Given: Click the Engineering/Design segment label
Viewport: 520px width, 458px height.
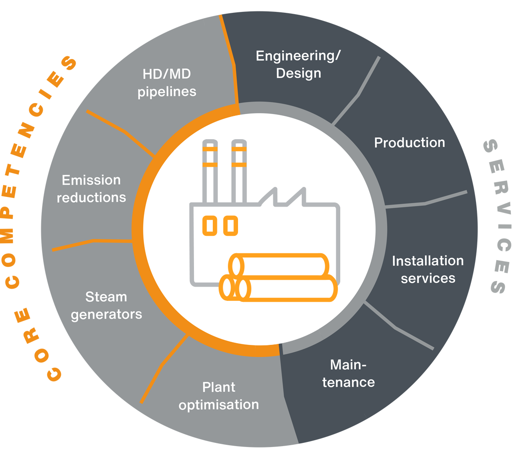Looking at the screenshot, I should (x=299, y=65).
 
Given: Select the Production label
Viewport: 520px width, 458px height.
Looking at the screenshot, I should (x=409, y=142).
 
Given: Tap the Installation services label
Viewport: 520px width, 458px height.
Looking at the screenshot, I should (x=427, y=269).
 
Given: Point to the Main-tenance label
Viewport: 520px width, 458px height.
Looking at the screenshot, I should (x=349, y=374).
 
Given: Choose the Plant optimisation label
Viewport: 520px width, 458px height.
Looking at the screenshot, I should (x=219, y=396).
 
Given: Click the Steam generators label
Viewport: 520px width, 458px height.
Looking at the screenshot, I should (x=106, y=305).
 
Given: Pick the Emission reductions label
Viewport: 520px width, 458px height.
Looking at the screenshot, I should (x=91, y=189).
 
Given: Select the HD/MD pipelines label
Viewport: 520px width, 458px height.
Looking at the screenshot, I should (x=167, y=82).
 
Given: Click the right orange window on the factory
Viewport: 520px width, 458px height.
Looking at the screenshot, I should (x=230, y=225).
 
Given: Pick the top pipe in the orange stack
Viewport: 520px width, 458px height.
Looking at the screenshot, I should (x=280, y=265).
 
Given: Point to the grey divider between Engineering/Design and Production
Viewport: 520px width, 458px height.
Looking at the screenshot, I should (x=358, y=92).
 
